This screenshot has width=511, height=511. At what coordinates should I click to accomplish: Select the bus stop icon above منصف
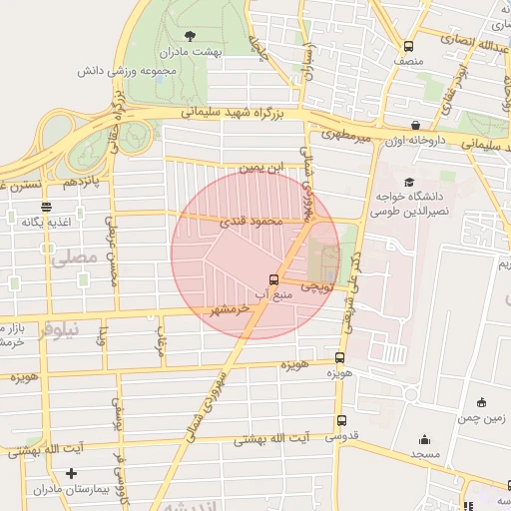[408, 46]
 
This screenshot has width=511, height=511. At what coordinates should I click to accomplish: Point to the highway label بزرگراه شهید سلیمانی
[237, 114]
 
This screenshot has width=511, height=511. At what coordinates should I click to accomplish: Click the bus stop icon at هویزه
[340, 357]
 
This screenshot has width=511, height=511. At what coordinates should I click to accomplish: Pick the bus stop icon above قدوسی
[343, 421]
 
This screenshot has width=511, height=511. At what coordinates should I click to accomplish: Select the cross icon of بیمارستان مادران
[71, 473]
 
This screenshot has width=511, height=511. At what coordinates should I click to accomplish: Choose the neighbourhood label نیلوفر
[59, 329]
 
